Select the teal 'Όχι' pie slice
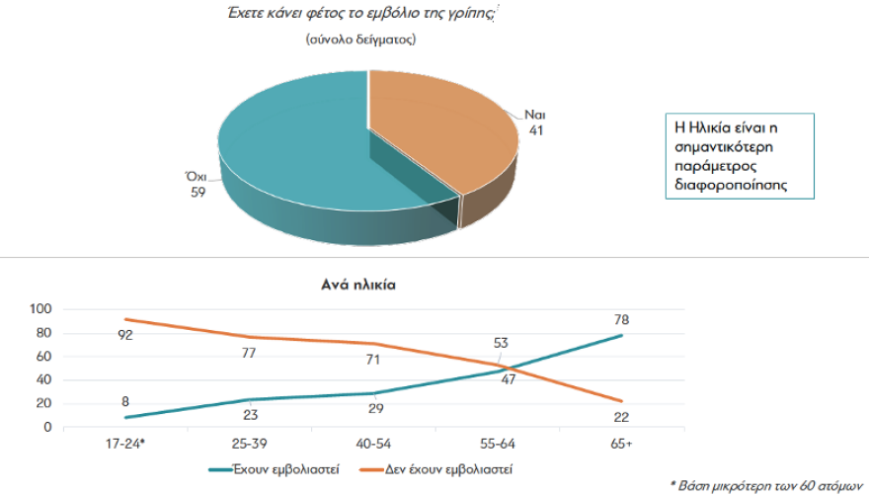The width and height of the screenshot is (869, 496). pos(296,148)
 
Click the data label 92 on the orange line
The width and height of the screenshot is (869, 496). pos(125,334)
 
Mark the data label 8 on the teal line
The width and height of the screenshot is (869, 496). pos(126,402)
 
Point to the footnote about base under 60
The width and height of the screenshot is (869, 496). pos(766,485)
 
